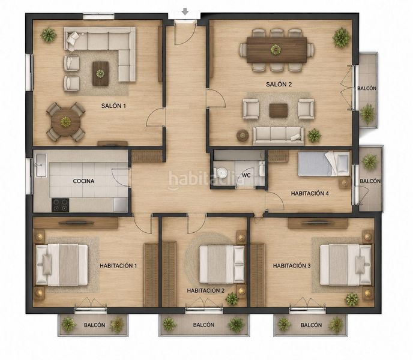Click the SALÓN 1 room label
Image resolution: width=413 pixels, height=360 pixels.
point(113,106)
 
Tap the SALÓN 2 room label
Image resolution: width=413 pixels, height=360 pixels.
point(279,84)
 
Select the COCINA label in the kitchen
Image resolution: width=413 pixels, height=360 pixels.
point(83,181)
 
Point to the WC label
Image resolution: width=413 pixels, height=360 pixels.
point(246,175)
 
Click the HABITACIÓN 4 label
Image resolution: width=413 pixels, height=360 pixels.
point(310,194)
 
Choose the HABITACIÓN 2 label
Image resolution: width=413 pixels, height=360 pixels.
point(206,291)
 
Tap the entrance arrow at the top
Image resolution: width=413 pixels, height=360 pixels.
point(185,11)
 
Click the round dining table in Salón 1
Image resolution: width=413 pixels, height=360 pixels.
point(66,122)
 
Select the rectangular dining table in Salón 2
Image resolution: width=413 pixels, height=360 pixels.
point(277,50)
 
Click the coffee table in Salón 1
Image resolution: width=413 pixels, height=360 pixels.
point(100,73)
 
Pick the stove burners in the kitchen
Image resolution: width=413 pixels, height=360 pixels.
point(61,205)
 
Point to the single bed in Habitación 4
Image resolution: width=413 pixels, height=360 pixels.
point(324,164)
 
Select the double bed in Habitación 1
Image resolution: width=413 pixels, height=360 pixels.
point(62,265)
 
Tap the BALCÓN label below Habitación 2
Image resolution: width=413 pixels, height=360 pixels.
point(203,325)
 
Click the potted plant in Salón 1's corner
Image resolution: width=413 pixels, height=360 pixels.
point(49,35)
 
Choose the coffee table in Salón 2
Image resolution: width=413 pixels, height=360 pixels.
point(279,110)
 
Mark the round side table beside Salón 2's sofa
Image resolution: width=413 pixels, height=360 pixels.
point(243,136)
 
